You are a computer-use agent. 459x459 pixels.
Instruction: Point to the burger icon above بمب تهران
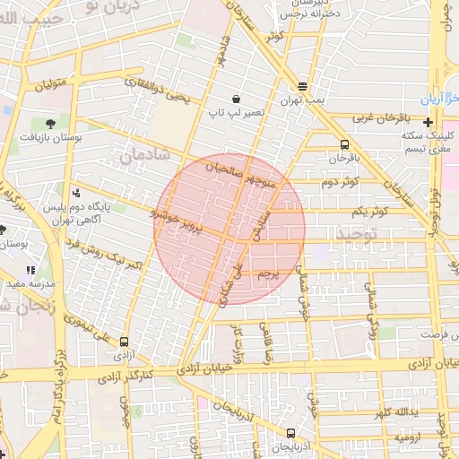pos(302,86)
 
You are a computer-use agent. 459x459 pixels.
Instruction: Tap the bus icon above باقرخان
pos(345,143)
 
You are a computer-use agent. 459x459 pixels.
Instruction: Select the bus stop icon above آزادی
pos(123,341)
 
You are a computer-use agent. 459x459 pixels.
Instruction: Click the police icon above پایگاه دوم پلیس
pos(76,192)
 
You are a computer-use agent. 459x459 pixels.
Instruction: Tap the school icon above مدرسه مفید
pos(30,269)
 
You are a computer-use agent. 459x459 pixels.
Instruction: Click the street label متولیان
pos(51,87)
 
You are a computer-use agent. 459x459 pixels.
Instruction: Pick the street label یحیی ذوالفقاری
pos(160,91)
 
